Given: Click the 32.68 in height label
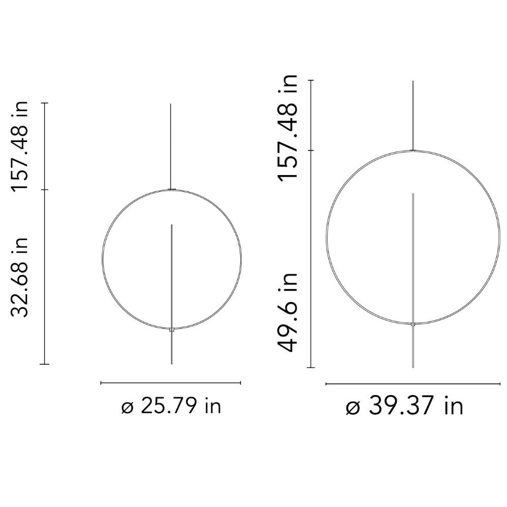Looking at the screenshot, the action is point(19,277).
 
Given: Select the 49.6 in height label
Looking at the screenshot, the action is point(288,313).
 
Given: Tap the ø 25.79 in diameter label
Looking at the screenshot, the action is point(172,406).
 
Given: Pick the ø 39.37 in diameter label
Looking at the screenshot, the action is point(405,406).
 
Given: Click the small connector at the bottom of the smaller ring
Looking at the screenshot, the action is point(172,329).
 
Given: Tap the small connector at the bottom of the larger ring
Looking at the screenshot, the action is point(413,324).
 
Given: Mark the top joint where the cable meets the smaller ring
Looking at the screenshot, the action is point(172,189).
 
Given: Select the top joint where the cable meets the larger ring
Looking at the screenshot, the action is point(413,150).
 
